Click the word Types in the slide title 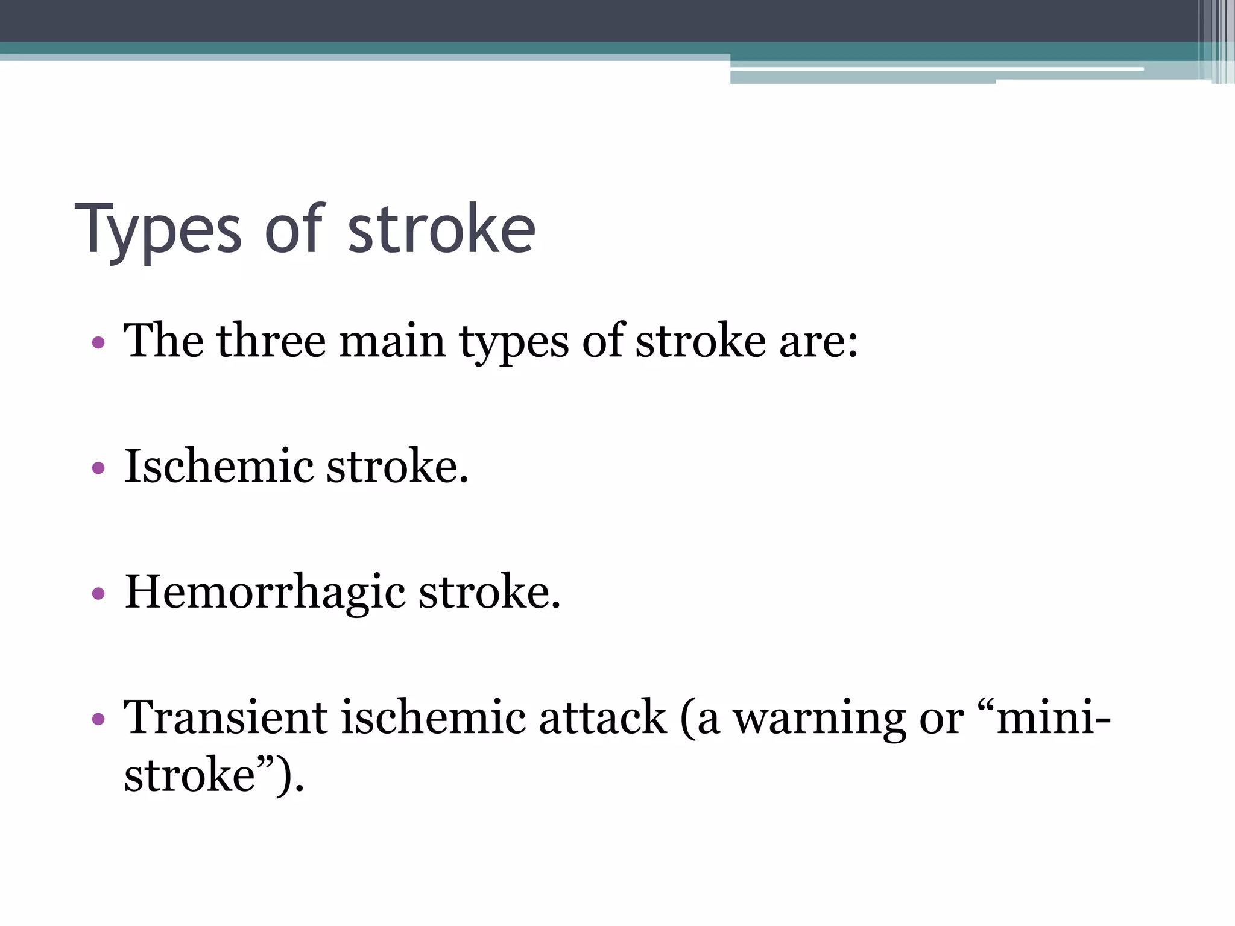[158, 230]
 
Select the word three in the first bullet [271, 341]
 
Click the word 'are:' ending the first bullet [818, 341]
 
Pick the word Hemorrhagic [265, 593]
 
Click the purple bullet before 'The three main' [98, 344]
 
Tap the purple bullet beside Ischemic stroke [98, 468]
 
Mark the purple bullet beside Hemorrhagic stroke [98, 594]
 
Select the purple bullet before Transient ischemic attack [98, 719]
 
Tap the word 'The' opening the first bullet [163, 341]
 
